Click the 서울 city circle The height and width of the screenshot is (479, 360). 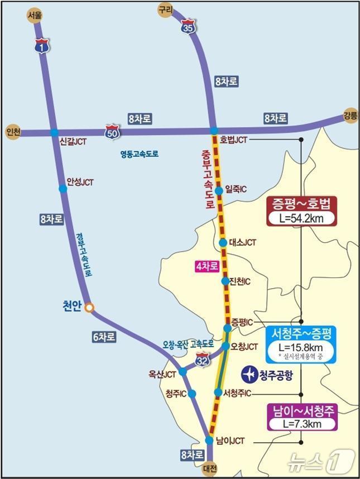(35, 16)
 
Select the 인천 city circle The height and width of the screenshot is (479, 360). (12, 132)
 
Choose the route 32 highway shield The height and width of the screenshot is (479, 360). (203, 363)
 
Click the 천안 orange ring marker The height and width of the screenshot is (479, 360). (89, 307)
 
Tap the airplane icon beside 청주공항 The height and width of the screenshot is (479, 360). (249, 373)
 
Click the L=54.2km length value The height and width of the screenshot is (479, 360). (301, 218)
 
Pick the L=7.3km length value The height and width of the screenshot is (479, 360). (301, 424)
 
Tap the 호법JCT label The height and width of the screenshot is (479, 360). (233, 139)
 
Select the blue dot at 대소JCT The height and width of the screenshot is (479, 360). (223, 243)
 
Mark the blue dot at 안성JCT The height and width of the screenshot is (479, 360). (63, 189)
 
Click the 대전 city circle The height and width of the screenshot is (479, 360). (209, 468)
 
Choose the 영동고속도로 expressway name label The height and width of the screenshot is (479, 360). (139, 154)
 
